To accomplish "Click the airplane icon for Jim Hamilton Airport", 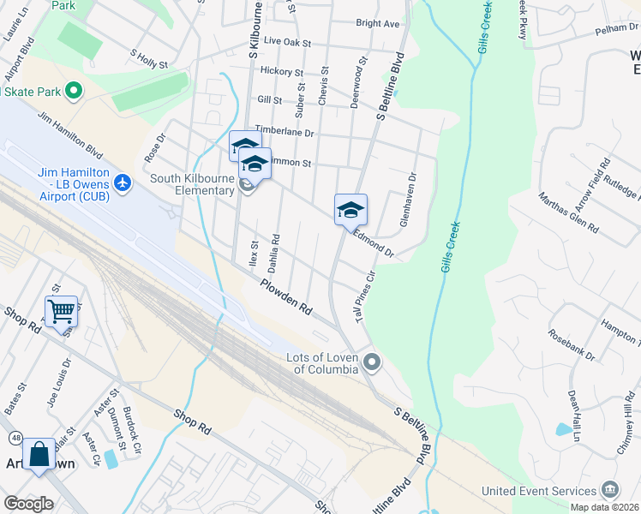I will (123, 182).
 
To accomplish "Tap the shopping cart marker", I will (62, 311).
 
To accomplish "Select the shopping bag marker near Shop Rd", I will (39, 454).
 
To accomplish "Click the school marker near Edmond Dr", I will (350, 208).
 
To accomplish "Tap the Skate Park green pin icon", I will (74, 90).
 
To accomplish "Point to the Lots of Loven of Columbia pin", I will (371, 363).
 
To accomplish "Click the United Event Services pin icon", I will (609, 490).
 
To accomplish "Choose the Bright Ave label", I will (378, 24).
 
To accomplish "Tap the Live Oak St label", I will (287, 41).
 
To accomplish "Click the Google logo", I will (28, 504).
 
